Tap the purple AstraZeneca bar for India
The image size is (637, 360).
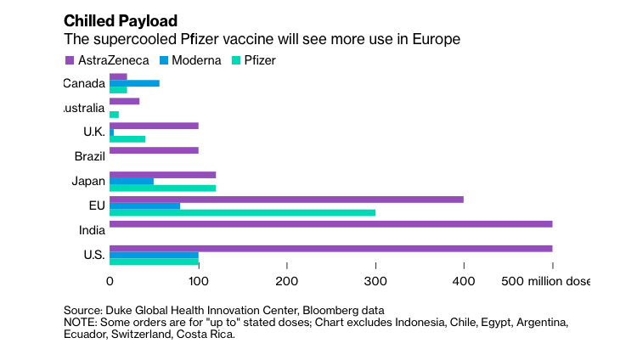pos(330,224)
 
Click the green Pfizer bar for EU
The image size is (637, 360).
pos(242,212)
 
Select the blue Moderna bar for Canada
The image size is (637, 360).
pos(134,83)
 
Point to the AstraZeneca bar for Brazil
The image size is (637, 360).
pos(154,150)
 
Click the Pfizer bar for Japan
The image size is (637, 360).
pos(162,188)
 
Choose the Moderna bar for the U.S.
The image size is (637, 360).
pos(154,255)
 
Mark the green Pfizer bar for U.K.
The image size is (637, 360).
pos(127,138)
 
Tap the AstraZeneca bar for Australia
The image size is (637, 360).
pos(124,101)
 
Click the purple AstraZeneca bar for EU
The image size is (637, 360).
pos(286,200)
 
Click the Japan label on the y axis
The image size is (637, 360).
pos(88,181)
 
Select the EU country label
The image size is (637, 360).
pos(97,205)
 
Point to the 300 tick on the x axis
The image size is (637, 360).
pos(375,281)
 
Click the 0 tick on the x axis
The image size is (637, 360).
pos(110,281)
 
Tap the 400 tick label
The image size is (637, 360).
pos(464,281)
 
